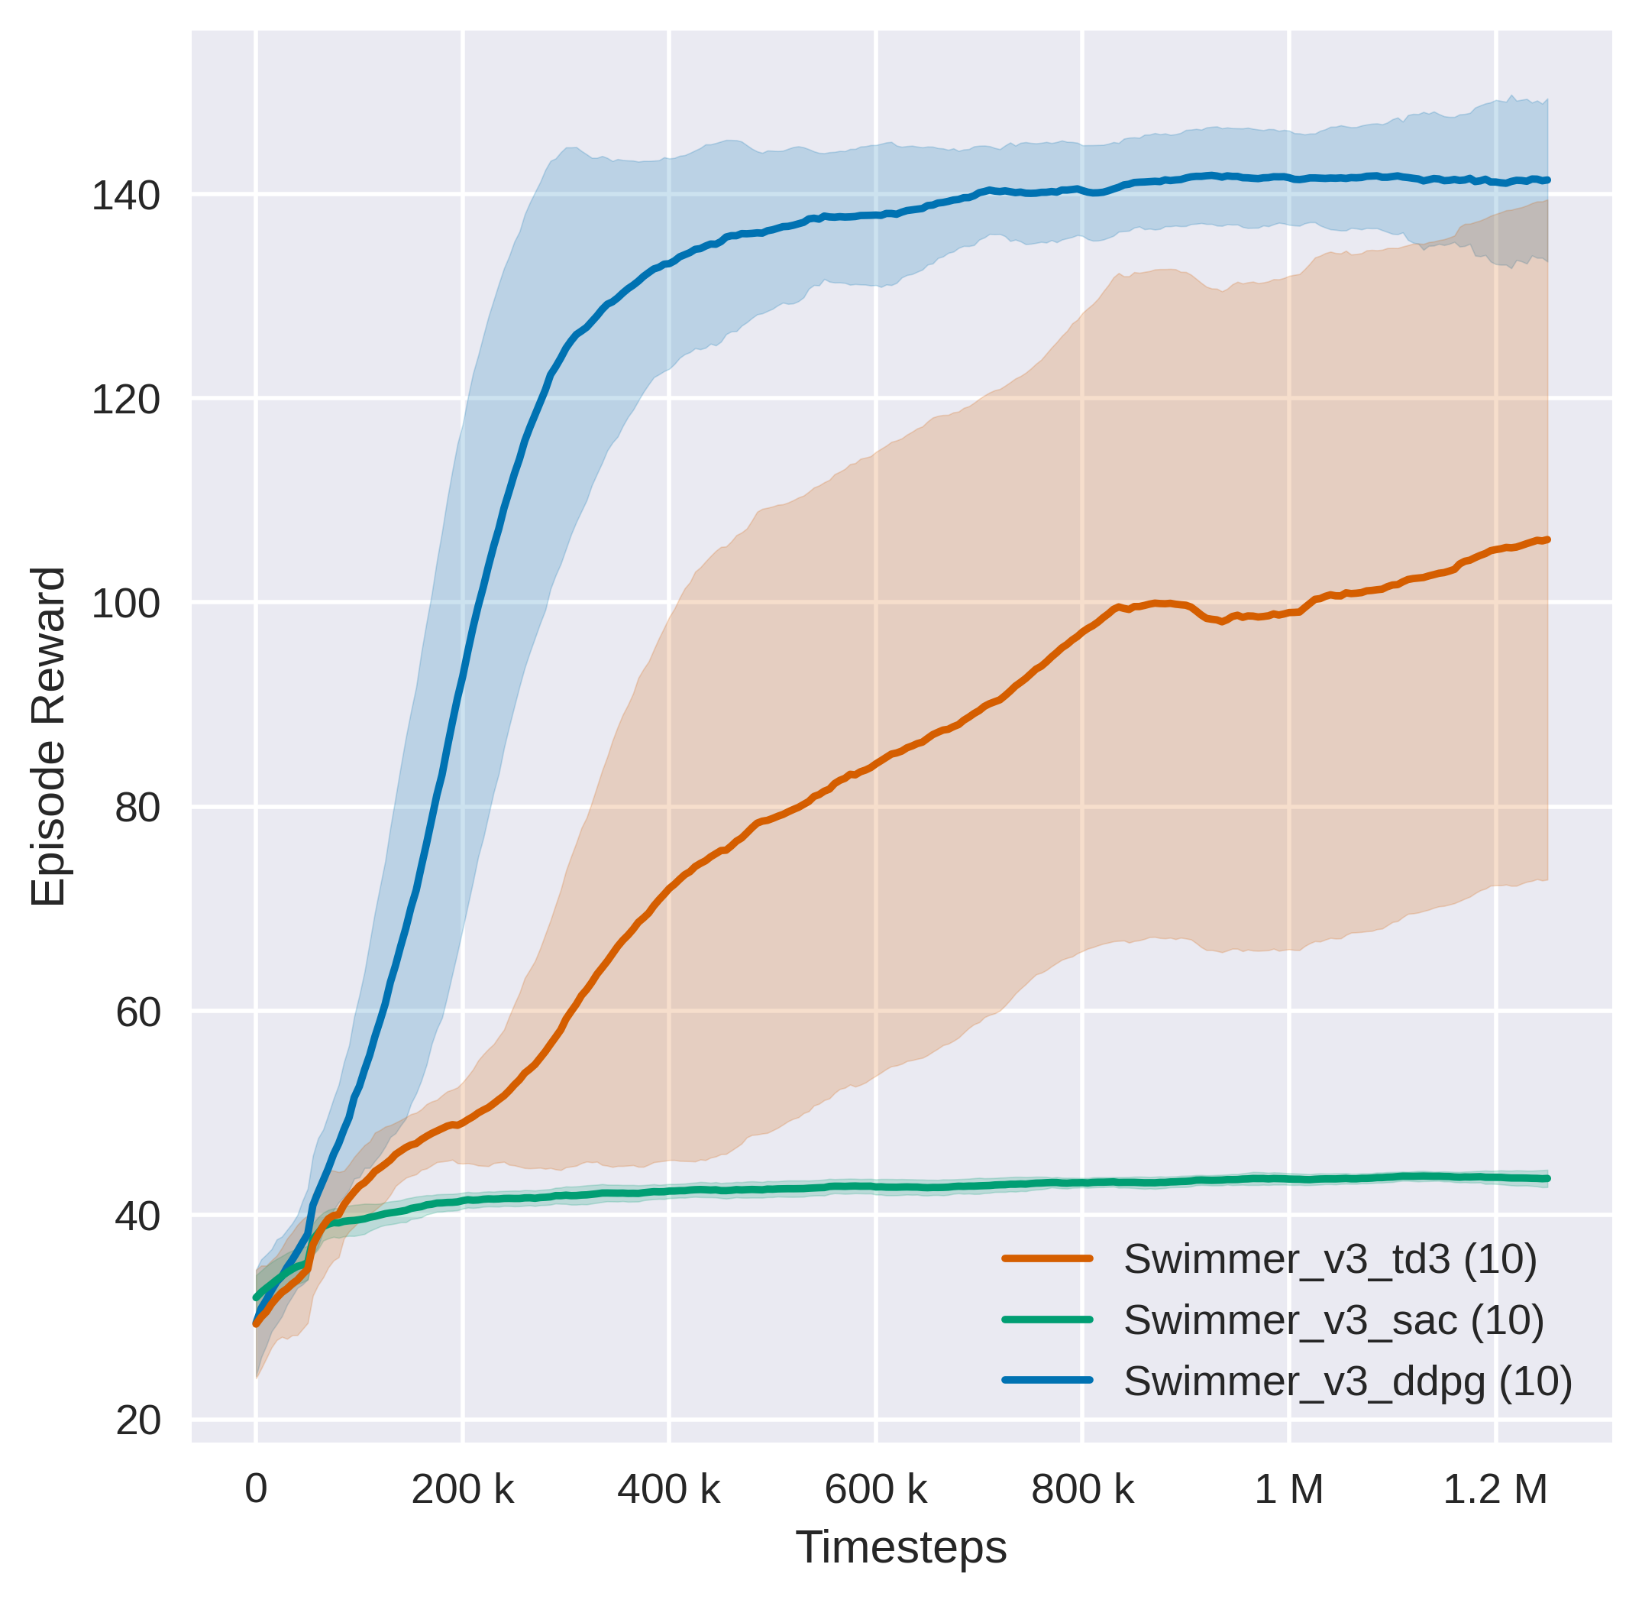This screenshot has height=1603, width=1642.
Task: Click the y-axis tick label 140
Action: [124, 197]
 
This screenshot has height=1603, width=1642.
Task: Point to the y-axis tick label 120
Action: [124, 400]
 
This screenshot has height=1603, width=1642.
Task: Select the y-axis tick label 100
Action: [124, 604]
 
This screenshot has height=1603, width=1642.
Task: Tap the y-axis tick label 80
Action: [137, 808]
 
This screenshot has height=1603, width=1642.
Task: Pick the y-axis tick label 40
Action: [137, 1216]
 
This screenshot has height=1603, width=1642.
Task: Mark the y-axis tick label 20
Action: [137, 1420]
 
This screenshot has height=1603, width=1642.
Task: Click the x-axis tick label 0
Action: [256, 1489]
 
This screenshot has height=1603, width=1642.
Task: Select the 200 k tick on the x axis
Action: [462, 1489]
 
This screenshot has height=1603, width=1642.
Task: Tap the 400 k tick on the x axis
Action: [668, 1489]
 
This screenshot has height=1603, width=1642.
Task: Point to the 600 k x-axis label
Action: [875, 1489]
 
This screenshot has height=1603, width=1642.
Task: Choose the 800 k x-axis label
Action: [1082, 1489]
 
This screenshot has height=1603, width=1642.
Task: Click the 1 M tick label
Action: [1288, 1489]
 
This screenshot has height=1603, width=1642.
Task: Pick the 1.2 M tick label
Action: [1495, 1489]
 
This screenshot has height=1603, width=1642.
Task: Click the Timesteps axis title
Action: [900, 1547]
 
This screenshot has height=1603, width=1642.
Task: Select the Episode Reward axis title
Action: [48, 737]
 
